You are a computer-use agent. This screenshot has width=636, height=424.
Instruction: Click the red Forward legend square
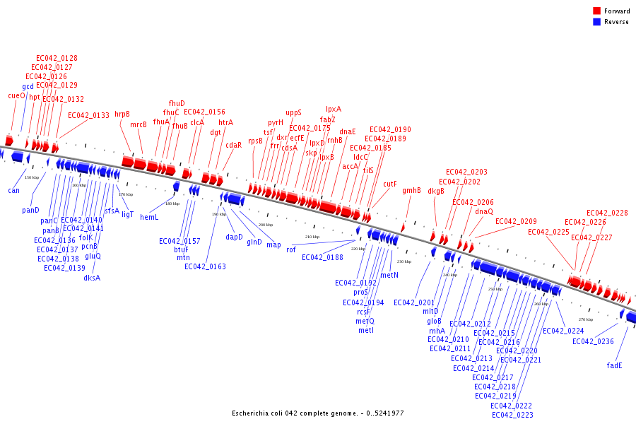pyautogui.click(x=597, y=11)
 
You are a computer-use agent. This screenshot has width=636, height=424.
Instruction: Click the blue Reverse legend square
pyautogui.click(x=597, y=22)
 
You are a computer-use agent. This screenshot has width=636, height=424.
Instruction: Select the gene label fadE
pyautogui.click(x=615, y=365)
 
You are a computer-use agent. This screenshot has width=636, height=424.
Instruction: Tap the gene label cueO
pyautogui.click(x=16, y=95)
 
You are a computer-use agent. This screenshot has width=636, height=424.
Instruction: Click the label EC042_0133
pyautogui.click(x=88, y=115)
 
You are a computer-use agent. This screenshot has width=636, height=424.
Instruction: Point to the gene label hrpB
pyautogui.click(x=122, y=114)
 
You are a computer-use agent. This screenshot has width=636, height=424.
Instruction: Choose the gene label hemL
pyautogui.click(x=149, y=217)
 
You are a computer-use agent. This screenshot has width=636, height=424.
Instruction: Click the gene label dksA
pyautogui.click(x=92, y=278)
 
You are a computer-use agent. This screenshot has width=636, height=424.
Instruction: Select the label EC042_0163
pyautogui.click(x=205, y=266)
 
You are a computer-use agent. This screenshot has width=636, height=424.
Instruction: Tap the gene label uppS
pyautogui.click(x=293, y=112)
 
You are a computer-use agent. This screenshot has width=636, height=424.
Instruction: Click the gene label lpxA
pyautogui.click(x=334, y=109)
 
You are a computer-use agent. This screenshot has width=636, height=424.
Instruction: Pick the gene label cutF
pyautogui.click(x=390, y=184)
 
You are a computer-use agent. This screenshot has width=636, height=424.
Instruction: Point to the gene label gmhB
pyautogui.click(x=411, y=190)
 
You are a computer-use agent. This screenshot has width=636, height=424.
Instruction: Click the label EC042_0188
pyautogui.click(x=322, y=257)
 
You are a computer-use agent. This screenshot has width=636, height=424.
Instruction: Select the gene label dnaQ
pyautogui.click(x=484, y=211)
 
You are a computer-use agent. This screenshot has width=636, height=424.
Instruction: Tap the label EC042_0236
pyautogui.click(x=593, y=342)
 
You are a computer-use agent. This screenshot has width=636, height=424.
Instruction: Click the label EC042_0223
pyautogui.click(x=512, y=415)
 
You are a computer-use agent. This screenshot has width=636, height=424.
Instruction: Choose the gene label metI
pyautogui.click(x=366, y=330)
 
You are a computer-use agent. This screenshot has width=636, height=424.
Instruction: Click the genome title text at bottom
pyautogui.click(x=318, y=413)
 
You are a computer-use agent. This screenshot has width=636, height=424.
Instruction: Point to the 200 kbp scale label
pyautogui.click(x=266, y=225)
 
